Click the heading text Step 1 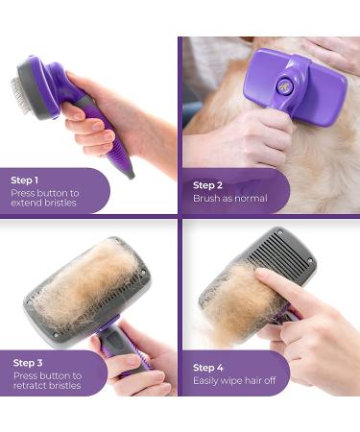click(25, 180)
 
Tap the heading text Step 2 click(207, 185)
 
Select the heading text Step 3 click(28, 363)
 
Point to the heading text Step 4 click(208, 368)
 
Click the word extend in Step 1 click(27, 203)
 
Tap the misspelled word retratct click(31, 385)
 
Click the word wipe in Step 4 click(230, 381)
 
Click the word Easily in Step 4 click(204, 381)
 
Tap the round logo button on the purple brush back click(283, 85)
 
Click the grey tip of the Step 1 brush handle click(131, 175)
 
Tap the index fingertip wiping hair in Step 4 click(261, 274)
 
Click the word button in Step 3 click(54, 375)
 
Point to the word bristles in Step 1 click(60, 203)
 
